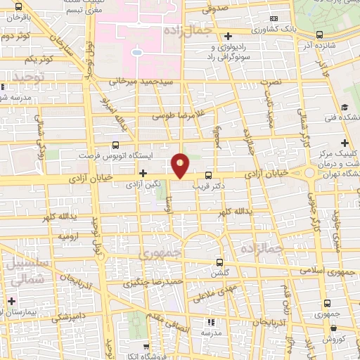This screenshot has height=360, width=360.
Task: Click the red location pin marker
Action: pos(181,165)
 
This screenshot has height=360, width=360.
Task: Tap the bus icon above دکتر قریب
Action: pos(207,175)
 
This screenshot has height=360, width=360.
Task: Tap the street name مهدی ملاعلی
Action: pos(219,288)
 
